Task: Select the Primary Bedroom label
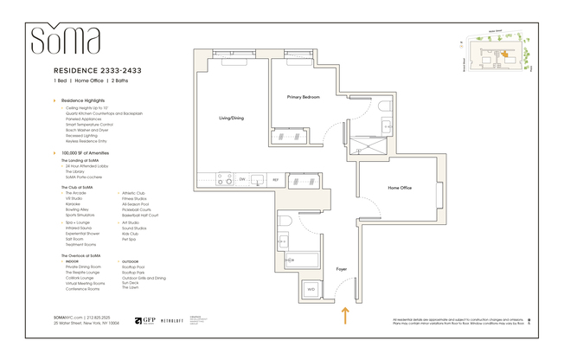pos(304,97)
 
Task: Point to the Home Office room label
pos(399,188)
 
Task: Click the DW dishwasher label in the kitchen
pos(242,180)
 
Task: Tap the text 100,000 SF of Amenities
pos(85,152)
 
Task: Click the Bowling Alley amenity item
pos(80,209)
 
